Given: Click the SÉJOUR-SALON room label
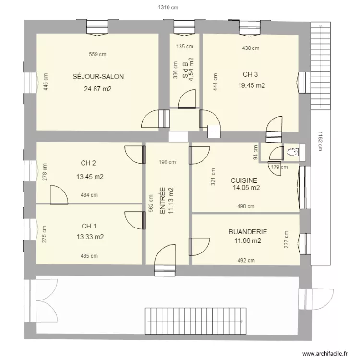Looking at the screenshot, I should pos(98,77).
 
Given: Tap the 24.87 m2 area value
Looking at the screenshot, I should pos(97,89).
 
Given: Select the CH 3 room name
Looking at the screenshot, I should pos(251,74).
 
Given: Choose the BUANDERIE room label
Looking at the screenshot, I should pos(248,232).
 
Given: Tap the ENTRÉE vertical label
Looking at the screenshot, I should pos(163,201).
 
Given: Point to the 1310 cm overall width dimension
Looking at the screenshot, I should pos(168,8).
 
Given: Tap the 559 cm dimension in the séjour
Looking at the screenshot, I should pos(97,54).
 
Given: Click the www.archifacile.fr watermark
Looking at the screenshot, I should pos(325,353).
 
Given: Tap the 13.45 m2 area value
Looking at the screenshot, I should pos(90,176).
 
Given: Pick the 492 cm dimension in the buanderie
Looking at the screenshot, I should pos(245,261).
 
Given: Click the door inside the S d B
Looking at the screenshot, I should pos(186,100).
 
